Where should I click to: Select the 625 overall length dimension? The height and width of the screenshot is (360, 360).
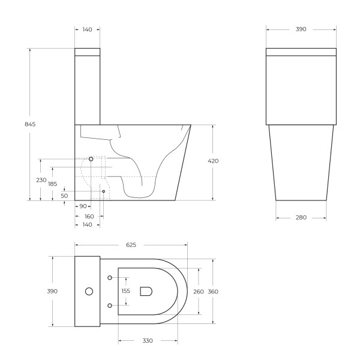[x=131, y=245]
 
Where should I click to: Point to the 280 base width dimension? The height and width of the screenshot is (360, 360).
[x=301, y=217]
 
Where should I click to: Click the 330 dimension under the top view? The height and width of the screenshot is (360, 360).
[x=148, y=340]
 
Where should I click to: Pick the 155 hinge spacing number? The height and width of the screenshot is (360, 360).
[x=125, y=291]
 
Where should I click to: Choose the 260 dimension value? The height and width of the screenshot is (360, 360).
[x=198, y=292]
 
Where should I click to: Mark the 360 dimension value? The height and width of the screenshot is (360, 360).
[x=214, y=292]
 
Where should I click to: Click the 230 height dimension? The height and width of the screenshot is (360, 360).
[x=41, y=180]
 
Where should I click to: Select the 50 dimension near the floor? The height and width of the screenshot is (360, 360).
[x=64, y=196]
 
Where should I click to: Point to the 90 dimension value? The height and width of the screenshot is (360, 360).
[x=82, y=206]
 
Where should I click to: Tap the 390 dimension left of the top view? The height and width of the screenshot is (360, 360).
[x=53, y=291]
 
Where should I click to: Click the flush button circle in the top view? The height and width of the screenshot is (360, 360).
[x=89, y=292]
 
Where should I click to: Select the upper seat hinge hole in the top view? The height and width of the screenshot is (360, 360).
[x=110, y=277]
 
